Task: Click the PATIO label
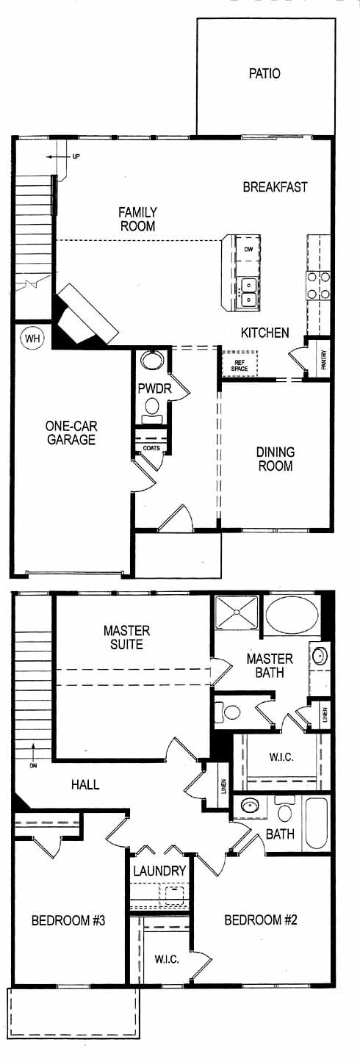pyautogui.click(x=264, y=73)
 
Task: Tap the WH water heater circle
pyautogui.click(x=32, y=338)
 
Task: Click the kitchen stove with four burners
pyautogui.click(x=318, y=285)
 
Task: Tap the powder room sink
pyautogui.click(x=152, y=361)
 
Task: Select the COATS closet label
pyautogui.click(x=151, y=448)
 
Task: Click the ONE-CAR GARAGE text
pyautogui.click(x=71, y=433)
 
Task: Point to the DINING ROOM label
pyautogui.click(x=275, y=459)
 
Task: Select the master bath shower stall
pyautogui.click(x=237, y=612)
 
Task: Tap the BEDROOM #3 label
pyautogui.click(x=68, y=920)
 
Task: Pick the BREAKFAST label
pyautogui.click(x=275, y=187)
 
